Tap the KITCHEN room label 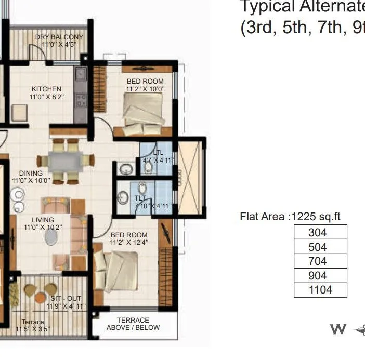click(x=46, y=89)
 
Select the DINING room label click(x=31, y=173)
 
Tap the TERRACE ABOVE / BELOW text click(x=133, y=324)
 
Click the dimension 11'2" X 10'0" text click(x=145, y=89)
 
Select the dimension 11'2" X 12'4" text click(x=128, y=242)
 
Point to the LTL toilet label click(x=158, y=152)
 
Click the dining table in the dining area click(x=66, y=161)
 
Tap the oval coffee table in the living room click(x=51, y=237)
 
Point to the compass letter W click(x=338, y=329)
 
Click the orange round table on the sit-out click(x=40, y=297)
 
